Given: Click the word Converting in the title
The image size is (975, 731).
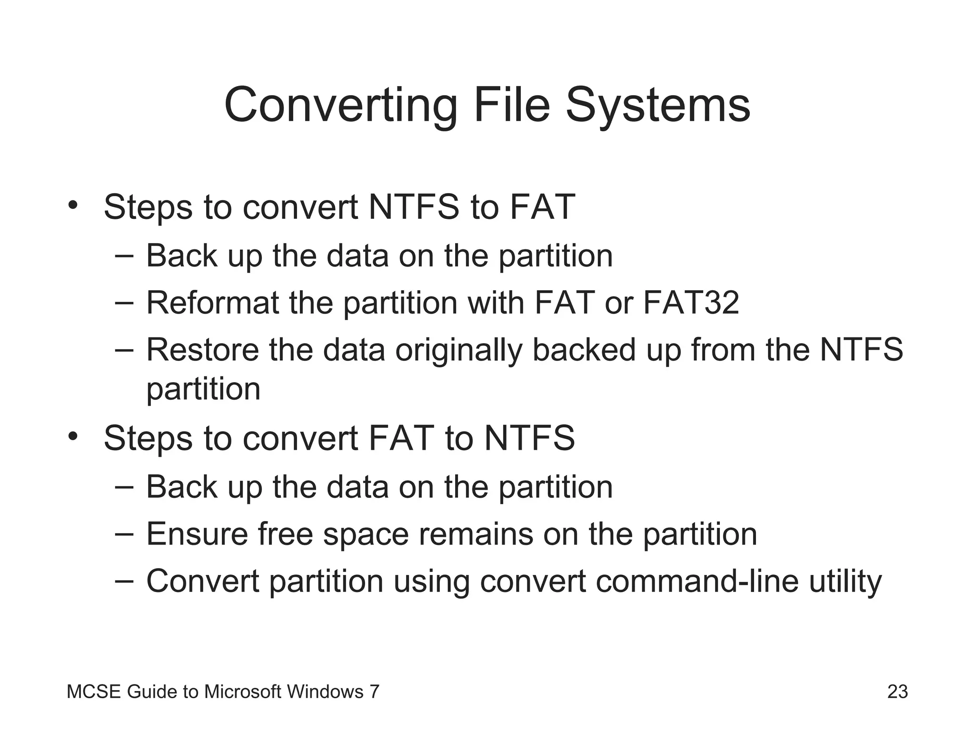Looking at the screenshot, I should pyautogui.click(x=341, y=105).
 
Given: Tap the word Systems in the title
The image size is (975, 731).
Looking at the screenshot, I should pyautogui.click(x=658, y=105).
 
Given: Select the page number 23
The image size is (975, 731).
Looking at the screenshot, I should pyautogui.click(x=897, y=691).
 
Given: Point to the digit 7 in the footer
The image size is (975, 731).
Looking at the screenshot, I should pyautogui.click(x=375, y=691).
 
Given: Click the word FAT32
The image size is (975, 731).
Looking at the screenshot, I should pyautogui.click(x=691, y=303).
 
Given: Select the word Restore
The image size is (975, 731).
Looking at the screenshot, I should pyautogui.click(x=203, y=350).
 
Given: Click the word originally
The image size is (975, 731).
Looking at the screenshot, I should pyautogui.click(x=458, y=350).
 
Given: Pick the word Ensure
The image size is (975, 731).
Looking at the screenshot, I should pyautogui.click(x=197, y=534).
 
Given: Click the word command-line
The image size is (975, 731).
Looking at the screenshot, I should pyautogui.click(x=697, y=581).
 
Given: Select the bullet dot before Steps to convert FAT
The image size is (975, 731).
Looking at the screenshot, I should pyautogui.click(x=72, y=436).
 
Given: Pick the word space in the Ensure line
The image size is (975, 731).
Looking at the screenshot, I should pyautogui.click(x=366, y=534).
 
